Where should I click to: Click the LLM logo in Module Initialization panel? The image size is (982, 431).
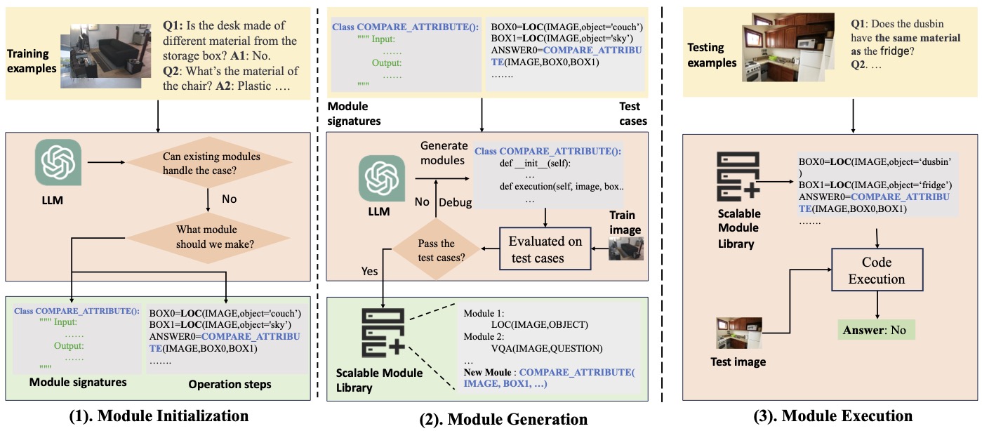[x=58, y=162]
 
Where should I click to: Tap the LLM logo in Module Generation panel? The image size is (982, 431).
[x=381, y=178]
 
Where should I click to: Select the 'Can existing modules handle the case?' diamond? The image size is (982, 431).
[x=209, y=163]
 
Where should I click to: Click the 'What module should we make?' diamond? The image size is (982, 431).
[x=208, y=238]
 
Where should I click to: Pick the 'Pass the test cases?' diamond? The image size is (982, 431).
[x=437, y=249]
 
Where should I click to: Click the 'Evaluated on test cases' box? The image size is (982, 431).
[x=545, y=248]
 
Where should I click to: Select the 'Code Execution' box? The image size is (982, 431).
[x=877, y=270]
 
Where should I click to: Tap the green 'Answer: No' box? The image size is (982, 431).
[x=876, y=330]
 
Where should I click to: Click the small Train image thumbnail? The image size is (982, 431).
[x=626, y=248]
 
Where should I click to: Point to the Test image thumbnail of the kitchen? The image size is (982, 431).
[x=738, y=333]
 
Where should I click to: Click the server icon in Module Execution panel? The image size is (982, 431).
[x=738, y=176]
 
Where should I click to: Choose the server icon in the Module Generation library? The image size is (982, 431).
[x=383, y=333]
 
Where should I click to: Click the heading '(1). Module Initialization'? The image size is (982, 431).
[x=159, y=416]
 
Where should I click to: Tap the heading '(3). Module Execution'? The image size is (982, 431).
[x=833, y=416]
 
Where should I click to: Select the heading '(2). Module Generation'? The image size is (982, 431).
[x=503, y=419]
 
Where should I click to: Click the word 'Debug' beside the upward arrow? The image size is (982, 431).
[x=455, y=202]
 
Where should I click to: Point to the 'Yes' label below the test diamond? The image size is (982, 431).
[x=369, y=271]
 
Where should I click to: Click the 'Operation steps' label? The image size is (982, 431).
[x=230, y=384]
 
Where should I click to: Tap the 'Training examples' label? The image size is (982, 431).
[x=32, y=61]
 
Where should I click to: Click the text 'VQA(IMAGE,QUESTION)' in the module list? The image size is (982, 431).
[x=547, y=348]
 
